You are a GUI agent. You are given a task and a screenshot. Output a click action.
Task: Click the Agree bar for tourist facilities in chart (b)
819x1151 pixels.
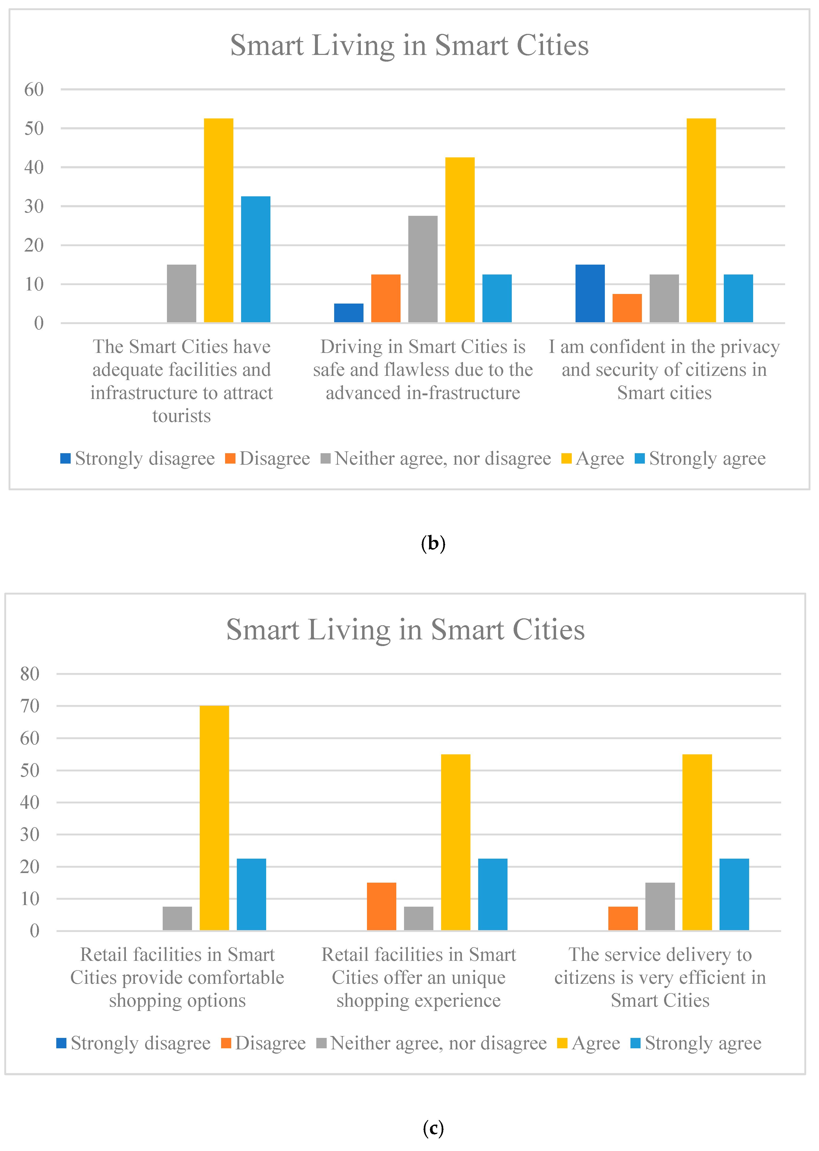click(218, 220)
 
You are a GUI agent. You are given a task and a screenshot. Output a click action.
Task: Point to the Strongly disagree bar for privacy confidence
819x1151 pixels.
click(590, 293)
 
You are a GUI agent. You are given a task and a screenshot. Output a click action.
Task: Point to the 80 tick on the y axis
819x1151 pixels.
click(30, 674)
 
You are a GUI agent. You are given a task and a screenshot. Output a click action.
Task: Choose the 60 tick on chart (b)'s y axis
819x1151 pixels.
click(34, 90)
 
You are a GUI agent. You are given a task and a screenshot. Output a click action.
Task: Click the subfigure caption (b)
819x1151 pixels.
click(433, 543)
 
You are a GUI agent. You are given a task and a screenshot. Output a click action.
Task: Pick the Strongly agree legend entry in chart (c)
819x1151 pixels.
click(696, 1043)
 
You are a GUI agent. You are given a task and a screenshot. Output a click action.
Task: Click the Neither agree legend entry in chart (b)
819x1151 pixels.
click(436, 459)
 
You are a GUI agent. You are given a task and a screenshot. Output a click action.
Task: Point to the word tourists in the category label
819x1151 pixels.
click(182, 416)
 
